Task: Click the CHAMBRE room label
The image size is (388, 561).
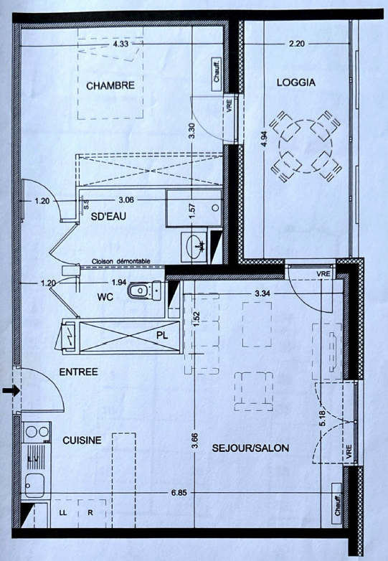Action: pyautogui.click(x=110, y=85)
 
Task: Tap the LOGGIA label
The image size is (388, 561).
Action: pyautogui.click(x=296, y=82)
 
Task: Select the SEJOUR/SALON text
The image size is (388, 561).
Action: pyautogui.click(x=250, y=448)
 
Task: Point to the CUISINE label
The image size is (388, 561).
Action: pyautogui.click(x=82, y=440)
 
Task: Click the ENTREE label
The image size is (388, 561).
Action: pyautogui.click(x=78, y=372)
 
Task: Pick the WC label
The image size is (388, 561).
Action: pyautogui.click(x=105, y=297)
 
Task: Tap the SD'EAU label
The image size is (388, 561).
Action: pyautogui.click(x=108, y=217)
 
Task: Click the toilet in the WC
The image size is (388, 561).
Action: pyautogui.click(x=145, y=290)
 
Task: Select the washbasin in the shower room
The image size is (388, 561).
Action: pyautogui.click(x=194, y=246)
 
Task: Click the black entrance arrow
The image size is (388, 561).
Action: pyautogui.click(x=11, y=391)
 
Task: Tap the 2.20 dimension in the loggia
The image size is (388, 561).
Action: pyautogui.click(x=296, y=44)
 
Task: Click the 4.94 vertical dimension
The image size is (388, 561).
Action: pyautogui.click(x=264, y=139)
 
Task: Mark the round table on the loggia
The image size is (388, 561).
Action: pyautogui.click(x=306, y=146)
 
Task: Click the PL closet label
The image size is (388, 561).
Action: pyautogui.click(x=162, y=336)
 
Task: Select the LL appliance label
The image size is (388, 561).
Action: pyautogui.click(x=63, y=513)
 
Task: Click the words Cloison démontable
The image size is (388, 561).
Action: pyautogui.click(x=121, y=262)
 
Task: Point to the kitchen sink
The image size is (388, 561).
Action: pyautogui.click(x=34, y=485)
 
